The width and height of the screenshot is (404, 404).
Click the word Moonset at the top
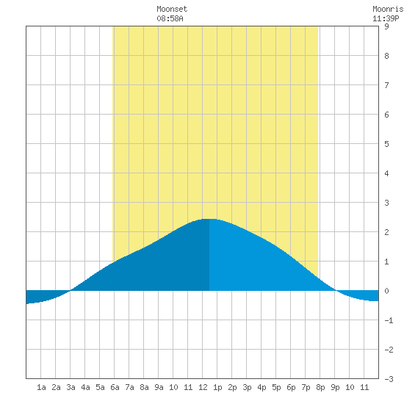pyautogui.click(x=172, y=10)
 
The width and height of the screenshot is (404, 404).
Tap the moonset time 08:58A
pyautogui.click(x=170, y=18)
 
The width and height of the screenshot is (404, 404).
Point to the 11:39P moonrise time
pyautogui.click(x=386, y=18)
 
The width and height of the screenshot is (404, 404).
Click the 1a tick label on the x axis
pyautogui.click(x=41, y=387)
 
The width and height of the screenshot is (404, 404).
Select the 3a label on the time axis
pyautogui.click(x=71, y=387)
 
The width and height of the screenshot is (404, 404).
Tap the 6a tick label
pyautogui.click(x=115, y=387)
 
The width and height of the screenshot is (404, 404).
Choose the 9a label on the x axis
pyautogui.click(x=159, y=387)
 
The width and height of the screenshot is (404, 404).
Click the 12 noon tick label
pyautogui.click(x=203, y=387)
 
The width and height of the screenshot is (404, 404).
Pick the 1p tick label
pyautogui.click(x=217, y=387)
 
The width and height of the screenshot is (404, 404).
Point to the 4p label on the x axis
pyautogui.click(x=261, y=387)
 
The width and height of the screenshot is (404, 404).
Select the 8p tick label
pyautogui.click(x=320, y=387)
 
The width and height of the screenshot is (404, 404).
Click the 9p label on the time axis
pyautogui.click(x=335, y=387)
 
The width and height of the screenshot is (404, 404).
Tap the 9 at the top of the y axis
pyautogui.click(x=386, y=26)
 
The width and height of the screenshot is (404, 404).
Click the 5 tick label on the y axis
pyautogui.click(x=386, y=144)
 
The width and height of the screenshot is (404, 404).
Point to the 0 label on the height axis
pyautogui.click(x=386, y=291)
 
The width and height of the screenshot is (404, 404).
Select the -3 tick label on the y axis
pyautogui.click(x=389, y=379)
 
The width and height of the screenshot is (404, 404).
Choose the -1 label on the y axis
pyautogui.click(x=389, y=320)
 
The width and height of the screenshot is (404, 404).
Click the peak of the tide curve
pyautogui.click(x=209, y=219)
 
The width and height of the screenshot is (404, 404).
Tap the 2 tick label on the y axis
pyautogui.click(x=386, y=232)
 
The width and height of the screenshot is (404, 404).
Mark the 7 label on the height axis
pyautogui.click(x=386, y=85)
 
